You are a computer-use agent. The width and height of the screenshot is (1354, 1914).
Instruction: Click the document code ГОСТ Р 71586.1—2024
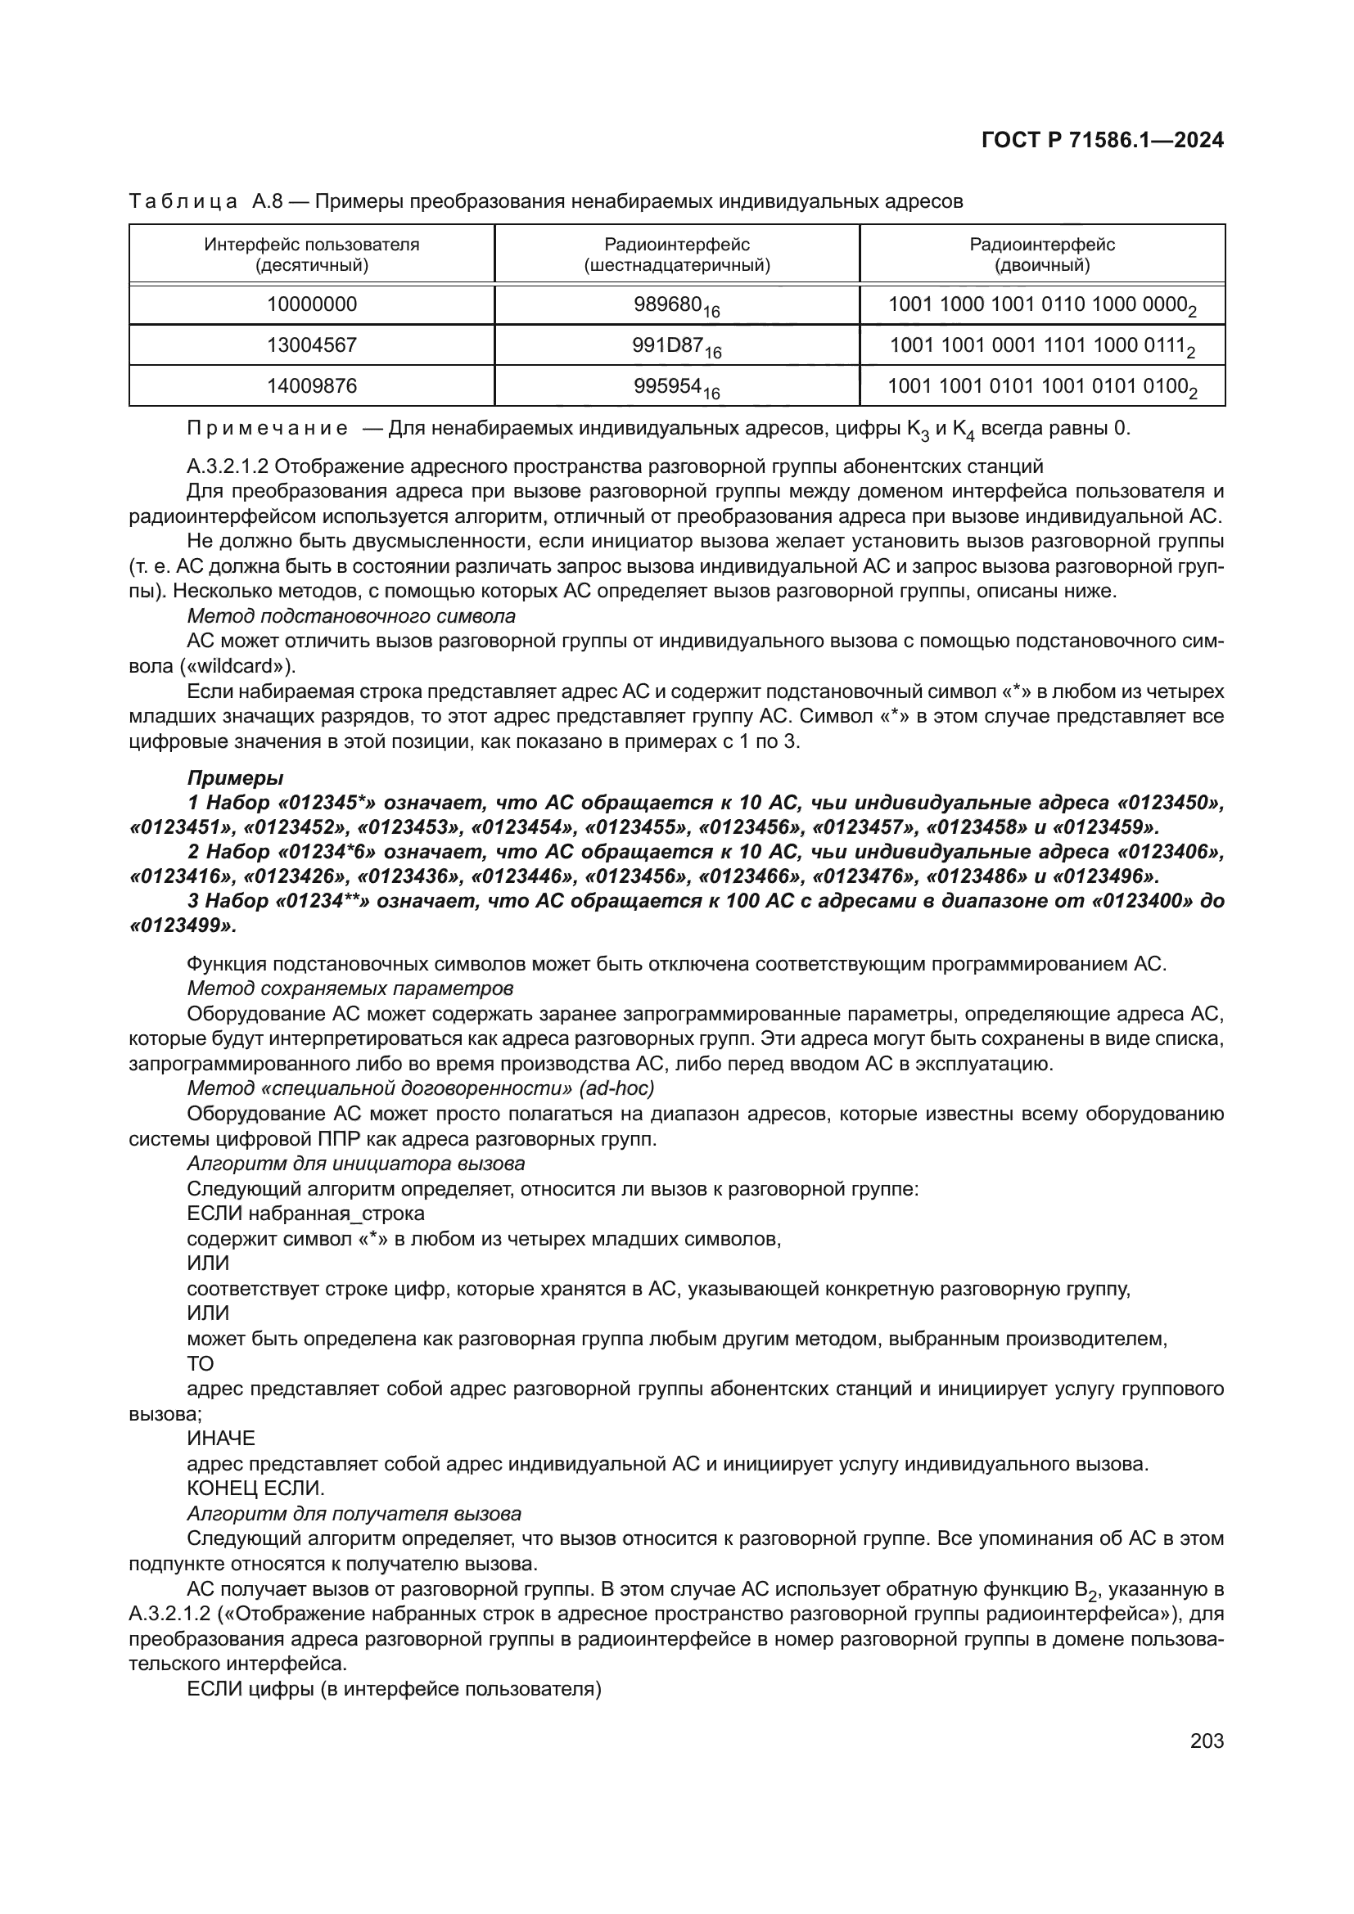[x=1102, y=140]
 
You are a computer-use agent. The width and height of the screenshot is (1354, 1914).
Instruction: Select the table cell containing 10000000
[x=312, y=304]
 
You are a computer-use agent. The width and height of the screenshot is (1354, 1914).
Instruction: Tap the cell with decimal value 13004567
[x=312, y=345]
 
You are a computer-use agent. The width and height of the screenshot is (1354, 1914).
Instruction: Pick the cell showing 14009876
[x=312, y=386]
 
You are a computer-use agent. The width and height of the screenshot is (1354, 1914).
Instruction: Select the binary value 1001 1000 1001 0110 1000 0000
[x=1037, y=304]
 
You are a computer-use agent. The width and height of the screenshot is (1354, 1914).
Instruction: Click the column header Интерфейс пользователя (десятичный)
[x=312, y=254]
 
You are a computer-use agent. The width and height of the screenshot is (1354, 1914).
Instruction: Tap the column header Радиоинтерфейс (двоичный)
[x=1042, y=254]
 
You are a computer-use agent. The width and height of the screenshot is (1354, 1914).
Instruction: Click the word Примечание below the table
[x=267, y=429]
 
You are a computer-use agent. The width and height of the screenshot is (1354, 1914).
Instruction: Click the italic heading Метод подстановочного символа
[x=351, y=616]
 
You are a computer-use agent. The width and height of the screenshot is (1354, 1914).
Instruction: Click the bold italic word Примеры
[x=235, y=777]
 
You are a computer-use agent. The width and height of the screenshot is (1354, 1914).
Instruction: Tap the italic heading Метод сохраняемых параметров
[x=350, y=989]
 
